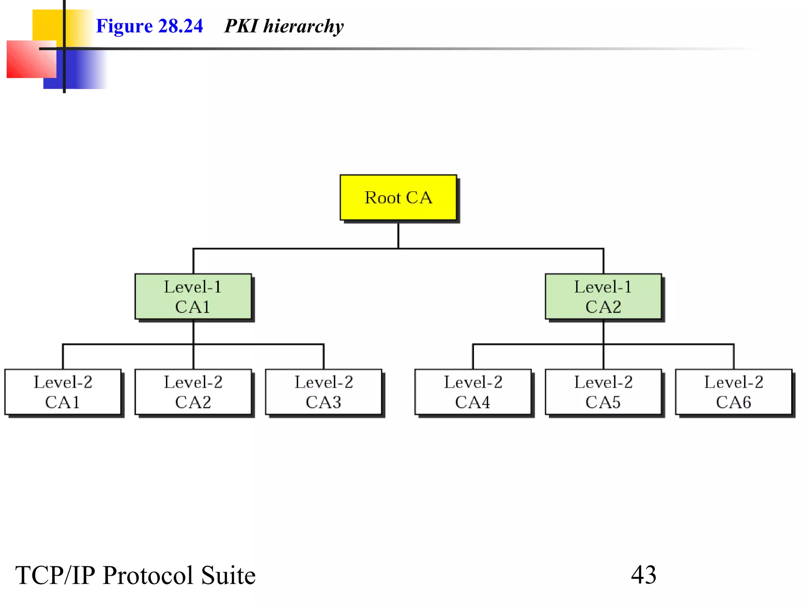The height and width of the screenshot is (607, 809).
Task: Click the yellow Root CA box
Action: coord(398,198)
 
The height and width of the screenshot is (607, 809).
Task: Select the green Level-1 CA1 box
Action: coord(193,296)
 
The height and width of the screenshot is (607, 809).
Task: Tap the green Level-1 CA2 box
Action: coord(603,296)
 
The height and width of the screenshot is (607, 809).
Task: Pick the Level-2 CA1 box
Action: coord(63,392)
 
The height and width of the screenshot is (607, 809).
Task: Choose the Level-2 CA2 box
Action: coord(193,392)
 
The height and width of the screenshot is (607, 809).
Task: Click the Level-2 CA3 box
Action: coord(324,392)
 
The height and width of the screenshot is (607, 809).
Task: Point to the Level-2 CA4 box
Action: coord(473,392)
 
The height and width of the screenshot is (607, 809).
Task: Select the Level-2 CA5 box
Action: coord(603,392)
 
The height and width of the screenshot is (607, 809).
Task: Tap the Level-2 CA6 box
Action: coord(734,392)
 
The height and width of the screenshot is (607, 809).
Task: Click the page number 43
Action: coord(643,575)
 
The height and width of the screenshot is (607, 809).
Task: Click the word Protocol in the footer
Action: coord(148,575)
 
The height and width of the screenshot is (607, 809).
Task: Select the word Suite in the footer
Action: coord(228,575)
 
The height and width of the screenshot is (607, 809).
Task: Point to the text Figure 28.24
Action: coord(149,26)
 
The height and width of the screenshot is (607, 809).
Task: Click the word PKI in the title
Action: coord(241,26)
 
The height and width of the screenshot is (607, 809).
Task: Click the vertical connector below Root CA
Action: coord(398,236)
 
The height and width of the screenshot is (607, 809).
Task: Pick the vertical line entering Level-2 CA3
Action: coord(324,357)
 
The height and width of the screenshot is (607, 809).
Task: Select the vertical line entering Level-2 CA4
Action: coord(473,357)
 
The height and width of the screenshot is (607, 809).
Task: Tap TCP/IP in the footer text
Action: coord(55,575)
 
